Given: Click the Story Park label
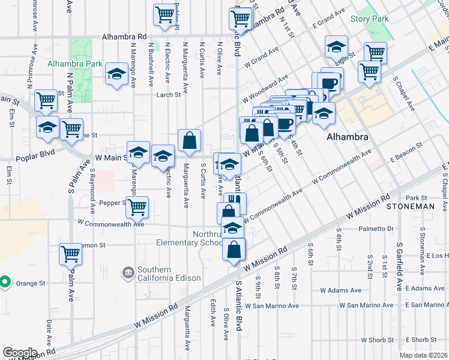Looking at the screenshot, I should pos(370,19).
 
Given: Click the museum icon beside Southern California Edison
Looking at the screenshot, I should pos(128,274).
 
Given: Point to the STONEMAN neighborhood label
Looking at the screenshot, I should pos(410,206).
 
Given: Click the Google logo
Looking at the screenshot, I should pos(20,352).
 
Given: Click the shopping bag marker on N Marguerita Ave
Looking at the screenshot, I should pos(189,142).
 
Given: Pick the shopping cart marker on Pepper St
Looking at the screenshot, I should pos(137,207).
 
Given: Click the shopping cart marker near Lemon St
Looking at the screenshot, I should pos(71,254).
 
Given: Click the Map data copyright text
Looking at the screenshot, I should pos(424,355).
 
